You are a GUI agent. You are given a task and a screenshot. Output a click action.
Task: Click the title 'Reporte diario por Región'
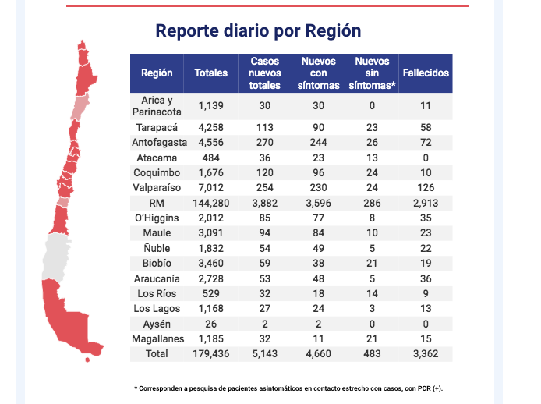click(x=258, y=31)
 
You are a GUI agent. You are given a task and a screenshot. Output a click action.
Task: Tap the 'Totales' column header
click(x=210, y=73)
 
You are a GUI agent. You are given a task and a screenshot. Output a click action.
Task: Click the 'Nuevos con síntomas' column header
click(x=318, y=73)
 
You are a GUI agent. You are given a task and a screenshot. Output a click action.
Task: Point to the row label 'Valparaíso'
click(x=157, y=188)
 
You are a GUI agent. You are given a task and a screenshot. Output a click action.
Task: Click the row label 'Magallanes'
click(x=157, y=338)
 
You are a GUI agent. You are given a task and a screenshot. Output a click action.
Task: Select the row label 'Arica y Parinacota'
click(x=157, y=105)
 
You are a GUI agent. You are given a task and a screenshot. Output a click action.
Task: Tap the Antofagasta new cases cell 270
click(x=264, y=143)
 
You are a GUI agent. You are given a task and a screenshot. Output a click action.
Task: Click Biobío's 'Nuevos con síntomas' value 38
click(x=318, y=264)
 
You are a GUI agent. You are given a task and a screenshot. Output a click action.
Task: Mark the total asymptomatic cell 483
click(x=372, y=354)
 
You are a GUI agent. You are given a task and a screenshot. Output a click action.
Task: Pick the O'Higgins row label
click(x=157, y=218)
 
